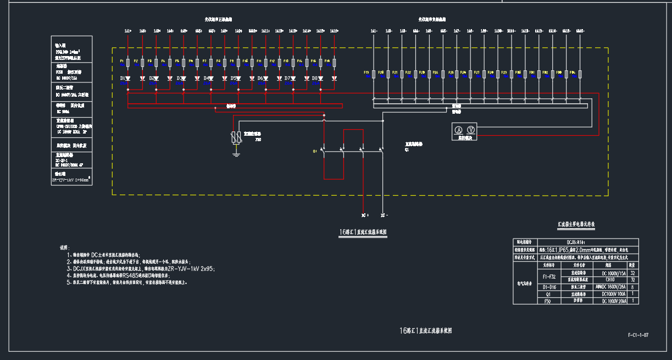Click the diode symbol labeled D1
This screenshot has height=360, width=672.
click(x=128, y=79)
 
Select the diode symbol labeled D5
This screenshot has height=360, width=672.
click(x=238, y=79)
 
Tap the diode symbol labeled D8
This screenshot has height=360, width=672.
click(x=320, y=79)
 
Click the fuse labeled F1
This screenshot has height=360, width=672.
click(x=128, y=64)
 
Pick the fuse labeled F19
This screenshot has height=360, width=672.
click(x=374, y=74)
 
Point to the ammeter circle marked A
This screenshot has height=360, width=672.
click(x=458, y=129)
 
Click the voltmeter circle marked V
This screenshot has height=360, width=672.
click(x=470, y=129)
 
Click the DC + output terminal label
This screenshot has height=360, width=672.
click(x=364, y=215)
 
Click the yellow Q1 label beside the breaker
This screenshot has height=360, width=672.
click(x=315, y=151)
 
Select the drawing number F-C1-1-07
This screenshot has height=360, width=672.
click(x=638, y=335)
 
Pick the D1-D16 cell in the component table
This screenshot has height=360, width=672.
click(x=549, y=287)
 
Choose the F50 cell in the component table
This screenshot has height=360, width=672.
click(x=547, y=301)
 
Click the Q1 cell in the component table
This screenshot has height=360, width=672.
click(x=547, y=294)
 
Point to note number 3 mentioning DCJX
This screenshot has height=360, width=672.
click(x=143, y=269)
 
